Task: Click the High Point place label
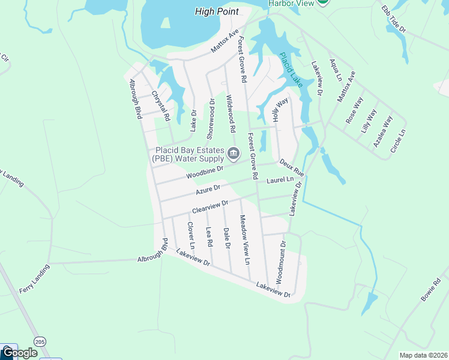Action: pos(217,11)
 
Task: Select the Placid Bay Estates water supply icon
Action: pos(233,155)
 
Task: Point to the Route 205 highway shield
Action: pos(40,341)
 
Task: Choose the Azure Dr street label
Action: pos(209,190)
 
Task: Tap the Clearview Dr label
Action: pos(210,206)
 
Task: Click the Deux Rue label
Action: pos(291,167)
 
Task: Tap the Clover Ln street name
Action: pos(190,235)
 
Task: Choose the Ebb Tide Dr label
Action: pos(394,20)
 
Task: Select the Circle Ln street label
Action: pos(398,140)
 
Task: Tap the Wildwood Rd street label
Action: pos(231,113)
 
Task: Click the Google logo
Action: pos(19,353)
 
